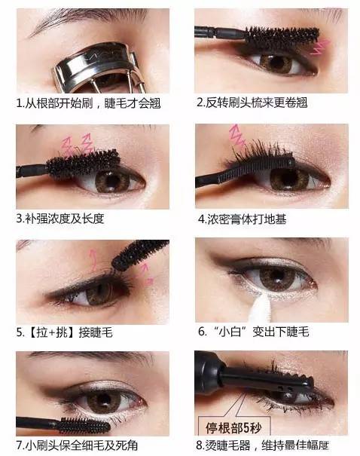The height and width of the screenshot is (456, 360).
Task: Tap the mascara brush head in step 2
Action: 281,37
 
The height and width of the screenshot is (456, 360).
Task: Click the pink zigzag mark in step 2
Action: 321,47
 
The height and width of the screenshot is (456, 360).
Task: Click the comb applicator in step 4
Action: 255,169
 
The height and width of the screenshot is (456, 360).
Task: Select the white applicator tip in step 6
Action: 261,308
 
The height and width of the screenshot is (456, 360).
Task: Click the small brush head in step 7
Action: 84,427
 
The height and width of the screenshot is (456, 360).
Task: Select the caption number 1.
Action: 20,103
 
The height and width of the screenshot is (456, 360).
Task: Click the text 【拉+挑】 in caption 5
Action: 52,332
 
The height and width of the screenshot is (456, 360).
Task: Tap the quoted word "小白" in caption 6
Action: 230,332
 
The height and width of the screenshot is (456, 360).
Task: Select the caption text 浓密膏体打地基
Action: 247,219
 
